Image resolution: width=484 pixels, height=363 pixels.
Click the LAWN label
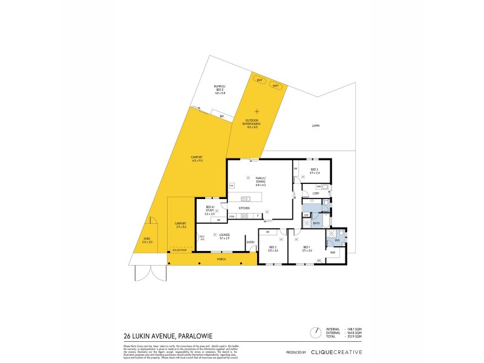click(x=315, y=126)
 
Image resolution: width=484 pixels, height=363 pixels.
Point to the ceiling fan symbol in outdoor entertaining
click(x=258, y=111)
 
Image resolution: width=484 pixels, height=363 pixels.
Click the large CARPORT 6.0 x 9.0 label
click(x=198, y=159)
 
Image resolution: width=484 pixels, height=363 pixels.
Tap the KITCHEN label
click(x=244, y=208)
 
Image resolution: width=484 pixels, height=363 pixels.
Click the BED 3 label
click(x=314, y=171)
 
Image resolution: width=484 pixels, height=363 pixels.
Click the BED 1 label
click(x=307, y=248)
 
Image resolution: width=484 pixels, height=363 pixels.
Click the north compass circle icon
click(x=315, y=332)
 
